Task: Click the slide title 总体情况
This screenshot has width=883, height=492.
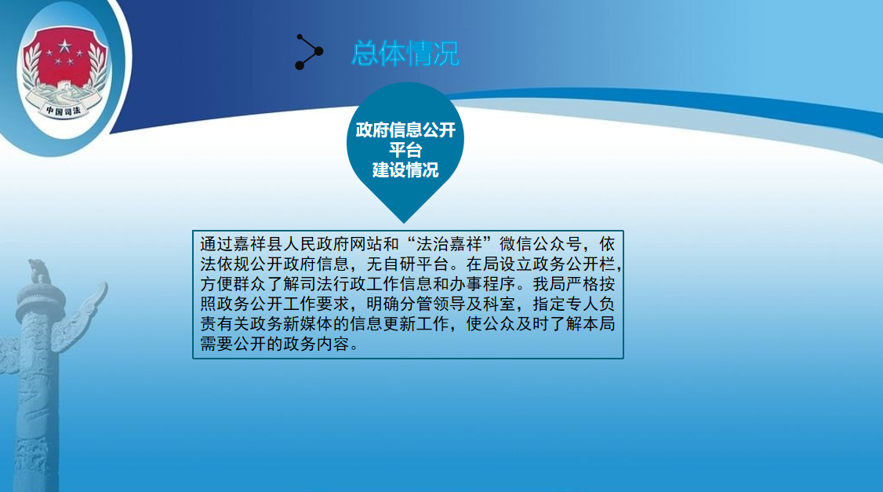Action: pyautogui.click(x=405, y=53)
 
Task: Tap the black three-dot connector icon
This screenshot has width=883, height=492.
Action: pyautogui.click(x=309, y=52)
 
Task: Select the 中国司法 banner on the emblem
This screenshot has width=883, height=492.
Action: pyautogui.click(x=64, y=110)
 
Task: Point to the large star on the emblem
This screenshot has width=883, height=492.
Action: pyautogui.click(x=65, y=46)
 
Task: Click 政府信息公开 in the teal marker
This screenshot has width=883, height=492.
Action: pyautogui.click(x=405, y=130)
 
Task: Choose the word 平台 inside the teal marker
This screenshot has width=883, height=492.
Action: pyautogui.click(x=405, y=150)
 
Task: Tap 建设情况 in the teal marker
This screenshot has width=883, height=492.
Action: pyautogui.click(x=405, y=169)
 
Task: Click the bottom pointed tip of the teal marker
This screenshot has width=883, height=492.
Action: pyautogui.click(x=404, y=223)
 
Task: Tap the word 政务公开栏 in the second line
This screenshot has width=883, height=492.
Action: pyautogui.click(x=572, y=264)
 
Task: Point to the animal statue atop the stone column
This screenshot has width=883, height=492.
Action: pyautogui.click(x=39, y=271)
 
